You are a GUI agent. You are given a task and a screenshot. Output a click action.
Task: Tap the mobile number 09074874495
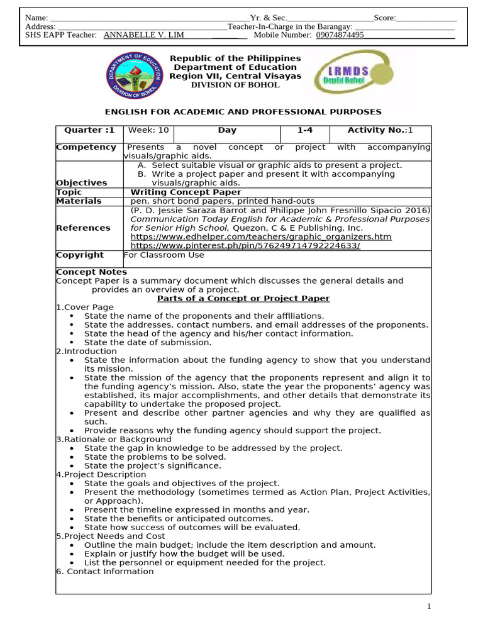(340, 35)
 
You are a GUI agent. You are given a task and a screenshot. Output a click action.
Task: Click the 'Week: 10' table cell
(148, 130)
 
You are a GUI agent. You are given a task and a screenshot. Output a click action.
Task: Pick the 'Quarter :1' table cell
(89, 130)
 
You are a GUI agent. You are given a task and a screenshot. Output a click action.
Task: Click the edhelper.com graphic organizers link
(260, 236)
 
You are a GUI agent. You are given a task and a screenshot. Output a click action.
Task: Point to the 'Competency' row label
(86, 147)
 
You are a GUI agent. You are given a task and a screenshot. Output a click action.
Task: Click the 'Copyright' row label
(80, 255)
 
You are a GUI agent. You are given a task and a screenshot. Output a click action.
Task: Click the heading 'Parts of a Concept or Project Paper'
(243, 298)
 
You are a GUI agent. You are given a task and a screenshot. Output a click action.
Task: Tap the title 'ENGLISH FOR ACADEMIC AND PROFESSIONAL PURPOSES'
(243, 112)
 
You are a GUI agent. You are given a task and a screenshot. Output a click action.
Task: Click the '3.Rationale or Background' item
(113, 439)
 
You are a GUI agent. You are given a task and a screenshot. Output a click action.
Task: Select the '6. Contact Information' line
(104, 571)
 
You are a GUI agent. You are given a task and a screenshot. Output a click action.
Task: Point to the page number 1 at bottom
(429, 606)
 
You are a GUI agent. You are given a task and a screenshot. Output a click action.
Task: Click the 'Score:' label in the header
(384, 18)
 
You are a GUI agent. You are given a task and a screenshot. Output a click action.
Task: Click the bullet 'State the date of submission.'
(148, 342)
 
